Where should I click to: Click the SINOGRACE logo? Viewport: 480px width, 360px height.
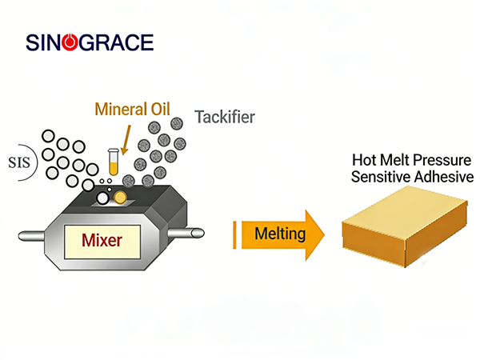point(89,42)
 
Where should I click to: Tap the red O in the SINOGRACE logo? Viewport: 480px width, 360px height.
point(70,42)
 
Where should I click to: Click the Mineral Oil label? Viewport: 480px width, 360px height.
point(132,109)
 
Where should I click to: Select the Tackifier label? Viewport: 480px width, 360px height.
point(225,118)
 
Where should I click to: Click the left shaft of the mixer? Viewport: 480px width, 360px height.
point(33,235)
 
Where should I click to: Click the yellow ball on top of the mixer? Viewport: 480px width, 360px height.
point(120,197)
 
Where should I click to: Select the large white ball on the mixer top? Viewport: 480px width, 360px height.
point(104,198)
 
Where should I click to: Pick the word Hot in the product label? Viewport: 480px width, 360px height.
point(368,160)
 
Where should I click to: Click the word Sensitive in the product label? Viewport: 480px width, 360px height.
point(379,176)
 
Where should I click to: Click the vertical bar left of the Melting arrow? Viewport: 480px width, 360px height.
point(234,234)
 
